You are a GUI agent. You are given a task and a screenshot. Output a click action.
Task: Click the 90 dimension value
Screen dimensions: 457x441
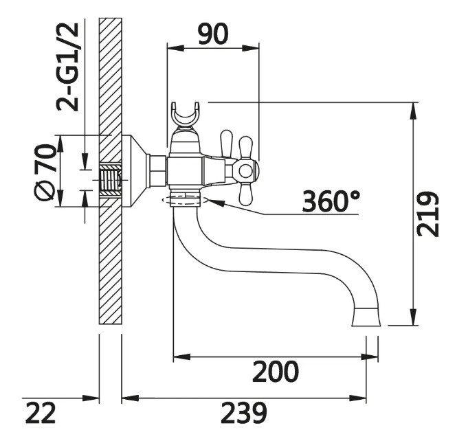click(213, 34)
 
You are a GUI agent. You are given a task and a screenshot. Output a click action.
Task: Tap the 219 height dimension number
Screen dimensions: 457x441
click(427, 214)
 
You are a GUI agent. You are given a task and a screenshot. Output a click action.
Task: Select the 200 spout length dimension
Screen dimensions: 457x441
click(276, 372)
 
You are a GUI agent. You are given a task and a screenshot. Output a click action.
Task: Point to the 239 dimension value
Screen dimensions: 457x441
click(244, 413)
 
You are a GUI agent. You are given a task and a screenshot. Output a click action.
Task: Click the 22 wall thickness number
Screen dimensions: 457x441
click(41, 413)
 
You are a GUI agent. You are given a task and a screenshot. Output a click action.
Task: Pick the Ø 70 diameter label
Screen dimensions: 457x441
click(45, 172)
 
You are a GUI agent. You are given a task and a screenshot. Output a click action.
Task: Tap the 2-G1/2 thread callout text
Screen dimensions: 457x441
click(67, 67)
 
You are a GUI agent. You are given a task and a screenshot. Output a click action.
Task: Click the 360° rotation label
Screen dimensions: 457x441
click(331, 201)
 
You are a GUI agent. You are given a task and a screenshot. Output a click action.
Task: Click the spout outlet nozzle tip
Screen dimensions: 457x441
click(366, 317)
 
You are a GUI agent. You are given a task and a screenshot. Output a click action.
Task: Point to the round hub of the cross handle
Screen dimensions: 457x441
click(245, 171)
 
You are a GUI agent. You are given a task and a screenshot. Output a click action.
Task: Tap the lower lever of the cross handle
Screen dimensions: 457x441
click(245, 194)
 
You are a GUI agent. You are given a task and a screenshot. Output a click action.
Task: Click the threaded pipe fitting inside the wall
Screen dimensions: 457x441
click(111, 181)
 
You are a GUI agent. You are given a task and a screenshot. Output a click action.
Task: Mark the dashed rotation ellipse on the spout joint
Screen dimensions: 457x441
click(185, 200)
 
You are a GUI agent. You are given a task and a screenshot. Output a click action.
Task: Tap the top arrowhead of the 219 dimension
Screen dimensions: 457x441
click(414, 110)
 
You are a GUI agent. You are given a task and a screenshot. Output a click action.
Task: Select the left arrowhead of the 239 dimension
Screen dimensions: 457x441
click(131, 398)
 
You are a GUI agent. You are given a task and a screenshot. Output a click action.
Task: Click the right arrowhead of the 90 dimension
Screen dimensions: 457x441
click(250, 49)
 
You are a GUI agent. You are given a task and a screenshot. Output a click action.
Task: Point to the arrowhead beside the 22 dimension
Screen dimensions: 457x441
click(91, 398)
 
